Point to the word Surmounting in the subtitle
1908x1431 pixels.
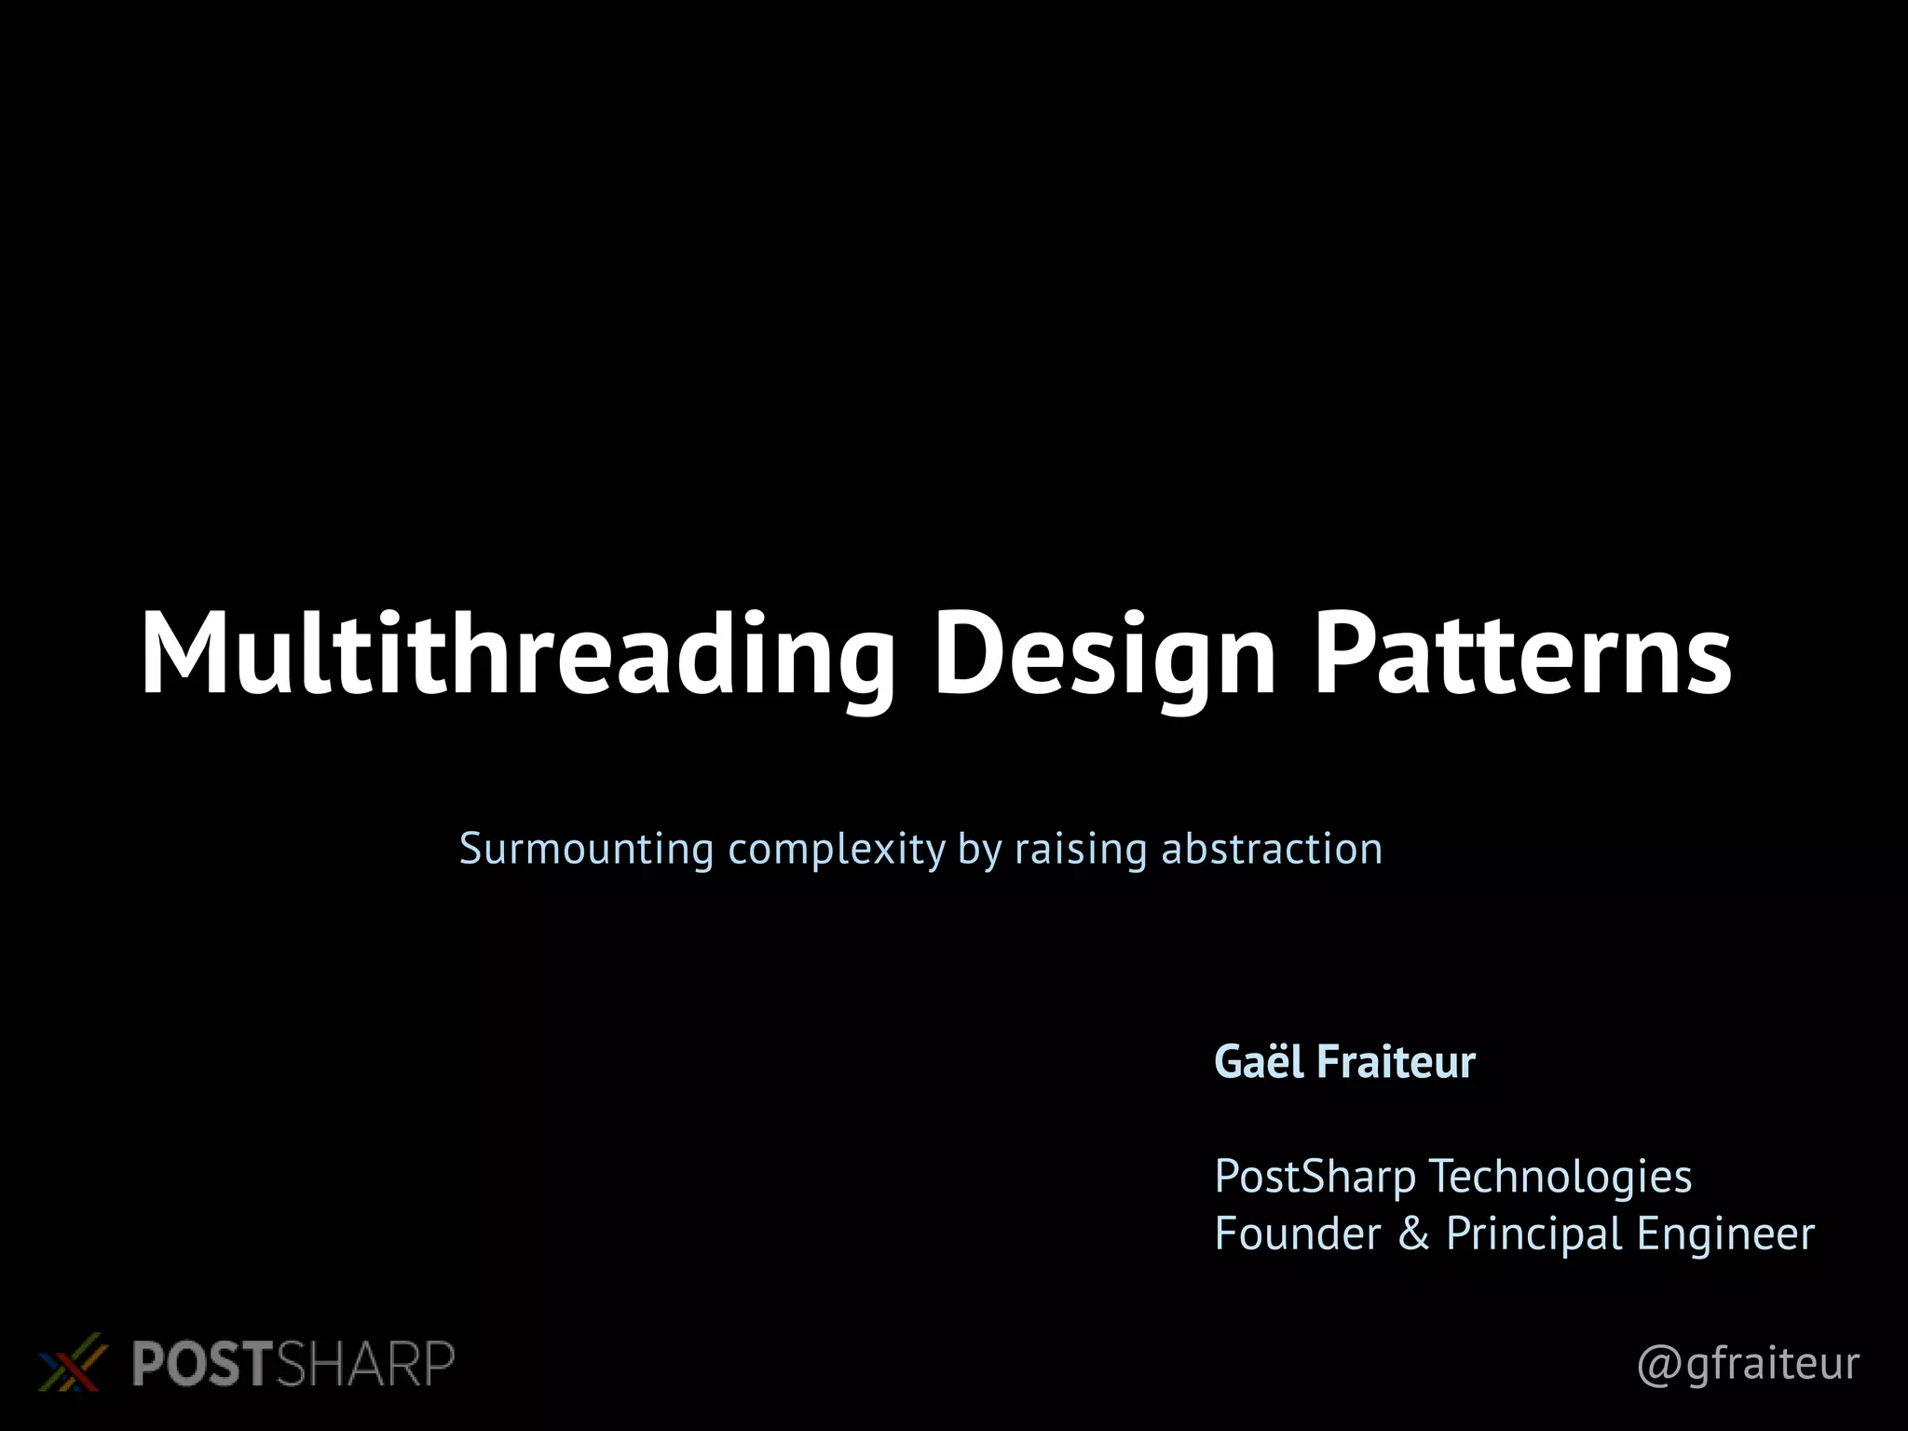click(x=587, y=849)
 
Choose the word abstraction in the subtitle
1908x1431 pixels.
click(x=1272, y=849)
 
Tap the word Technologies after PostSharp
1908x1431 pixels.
click(x=1560, y=1178)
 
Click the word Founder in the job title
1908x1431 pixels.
click(x=1298, y=1233)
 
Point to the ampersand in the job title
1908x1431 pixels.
click(x=1413, y=1233)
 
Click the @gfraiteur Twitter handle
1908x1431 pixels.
click(x=1748, y=1364)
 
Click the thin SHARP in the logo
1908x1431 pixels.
click(x=365, y=1364)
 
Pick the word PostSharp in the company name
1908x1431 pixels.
click(x=1315, y=1178)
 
